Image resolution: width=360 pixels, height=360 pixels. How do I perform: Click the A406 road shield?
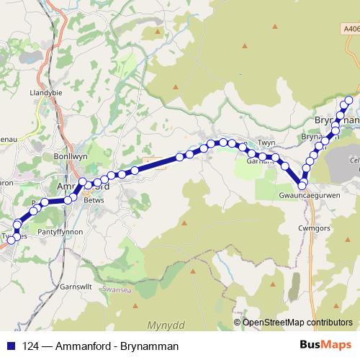click(x=351, y=29)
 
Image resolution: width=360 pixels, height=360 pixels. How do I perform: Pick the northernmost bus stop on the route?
click(x=349, y=100)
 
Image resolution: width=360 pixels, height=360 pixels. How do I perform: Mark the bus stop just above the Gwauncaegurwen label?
click(x=302, y=184)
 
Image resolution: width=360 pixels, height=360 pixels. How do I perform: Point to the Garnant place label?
click(x=261, y=161)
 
